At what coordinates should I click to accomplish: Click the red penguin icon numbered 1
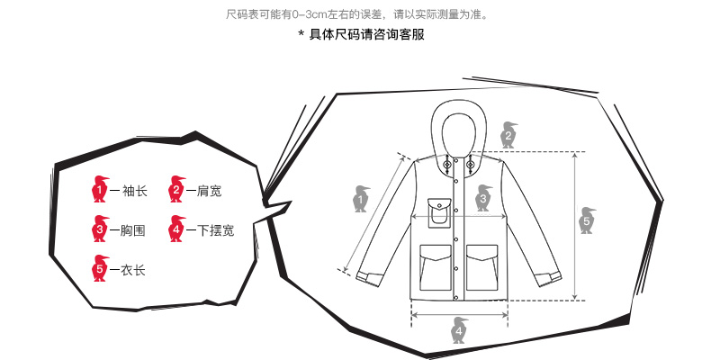pos(100,189)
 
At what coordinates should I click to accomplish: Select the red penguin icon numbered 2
pos(176,189)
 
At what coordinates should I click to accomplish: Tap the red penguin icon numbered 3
pos(100,229)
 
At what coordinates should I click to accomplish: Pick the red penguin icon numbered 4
pos(176,229)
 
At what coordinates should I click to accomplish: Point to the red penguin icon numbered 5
pos(100,267)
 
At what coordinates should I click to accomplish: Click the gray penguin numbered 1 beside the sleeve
pos(362,198)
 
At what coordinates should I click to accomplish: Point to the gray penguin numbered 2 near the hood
pos(508,136)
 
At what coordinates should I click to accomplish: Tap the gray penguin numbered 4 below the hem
pos(458,332)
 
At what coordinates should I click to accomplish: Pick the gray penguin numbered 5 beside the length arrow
pos(586,220)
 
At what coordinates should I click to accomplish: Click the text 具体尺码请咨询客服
pos(360,35)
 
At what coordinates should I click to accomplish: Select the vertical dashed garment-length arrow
pos(575,225)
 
